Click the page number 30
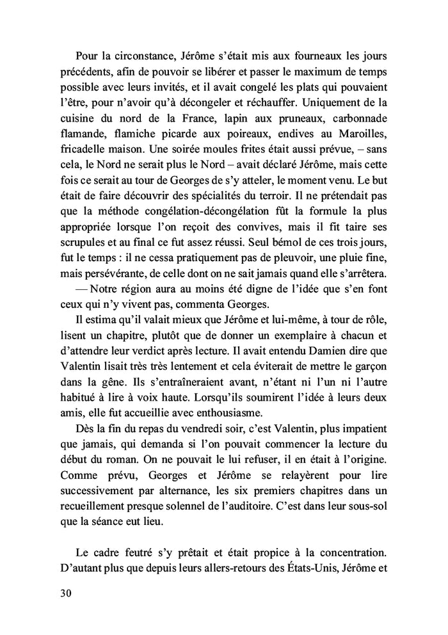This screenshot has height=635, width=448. [x=64, y=593]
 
